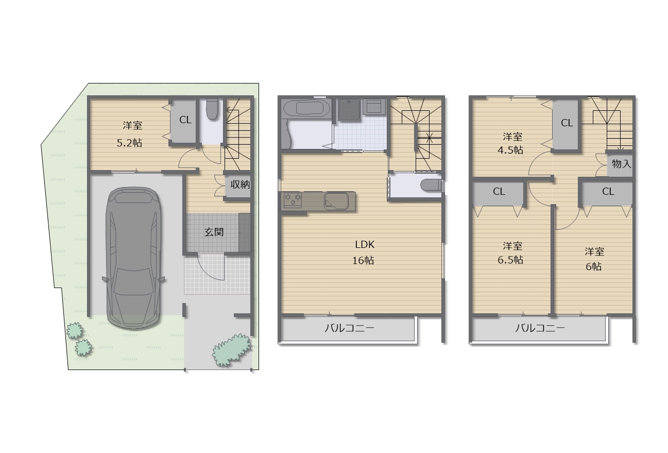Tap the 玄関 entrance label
click(x=214, y=232)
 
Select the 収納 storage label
click(x=240, y=184)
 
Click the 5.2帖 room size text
click(x=129, y=143)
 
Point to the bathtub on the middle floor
click(x=307, y=109)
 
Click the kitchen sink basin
click(x=336, y=201)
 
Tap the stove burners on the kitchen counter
click(x=293, y=200)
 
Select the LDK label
click(x=365, y=245)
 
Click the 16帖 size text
click(x=363, y=261)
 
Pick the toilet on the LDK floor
click(x=431, y=185)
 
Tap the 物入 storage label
click(x=622, y=163)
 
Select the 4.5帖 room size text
click(x=510, y=150)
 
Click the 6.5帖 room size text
click(x=510, y=260)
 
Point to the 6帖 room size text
click(x=593, y=266)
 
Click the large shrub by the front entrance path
click(x=231, y=350)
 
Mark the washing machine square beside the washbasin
click(x=374, y=106)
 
